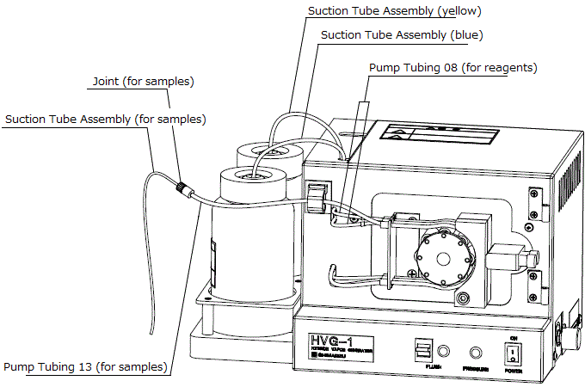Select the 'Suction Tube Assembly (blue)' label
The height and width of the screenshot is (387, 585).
401,35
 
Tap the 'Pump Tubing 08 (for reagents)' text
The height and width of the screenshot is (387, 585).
453,66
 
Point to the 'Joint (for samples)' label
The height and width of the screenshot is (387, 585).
143,82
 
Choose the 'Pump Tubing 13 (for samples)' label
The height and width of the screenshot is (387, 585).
84,367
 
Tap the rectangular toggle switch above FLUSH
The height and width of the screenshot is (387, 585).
422,351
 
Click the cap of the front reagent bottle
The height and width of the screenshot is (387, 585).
253,180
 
